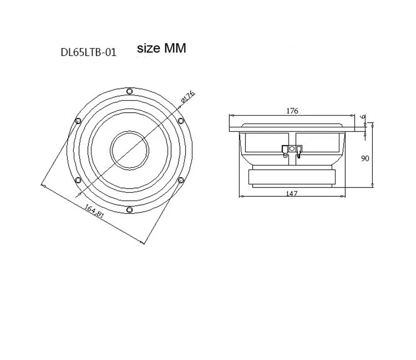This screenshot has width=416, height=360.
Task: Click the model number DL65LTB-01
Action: click(88, 52)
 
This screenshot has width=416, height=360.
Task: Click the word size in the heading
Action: click(148, 49)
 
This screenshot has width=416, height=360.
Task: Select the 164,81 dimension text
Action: click(95, 214)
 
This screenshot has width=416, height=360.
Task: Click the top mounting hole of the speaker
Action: click(129, 91)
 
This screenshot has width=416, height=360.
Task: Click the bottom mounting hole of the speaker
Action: click(129, 210)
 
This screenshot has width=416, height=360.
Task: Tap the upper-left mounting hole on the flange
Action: click(78, 121)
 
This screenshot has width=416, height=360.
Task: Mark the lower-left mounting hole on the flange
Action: click(78, 181)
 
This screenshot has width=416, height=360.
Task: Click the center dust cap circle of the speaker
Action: click(129, 150)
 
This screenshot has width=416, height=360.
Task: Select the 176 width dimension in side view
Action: click(292, 111)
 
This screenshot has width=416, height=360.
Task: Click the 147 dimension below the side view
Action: click(292, 193)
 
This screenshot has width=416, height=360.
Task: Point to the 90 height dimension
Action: click(366, 158)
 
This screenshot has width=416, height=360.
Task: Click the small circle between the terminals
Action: click(292, 149)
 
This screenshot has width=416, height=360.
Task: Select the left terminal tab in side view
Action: click(285, 151)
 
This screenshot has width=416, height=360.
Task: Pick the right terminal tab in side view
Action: click(298, 151)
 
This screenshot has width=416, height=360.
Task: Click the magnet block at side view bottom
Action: click(292, 177)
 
